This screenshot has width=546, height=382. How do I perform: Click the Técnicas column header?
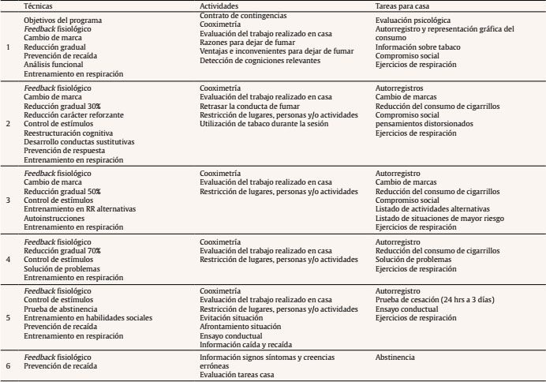pos(36,6)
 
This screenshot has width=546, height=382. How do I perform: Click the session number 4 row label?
pos(8,259)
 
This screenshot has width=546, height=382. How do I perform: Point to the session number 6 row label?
pos(8,366)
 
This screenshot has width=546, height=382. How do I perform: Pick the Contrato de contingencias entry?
pos(243,16)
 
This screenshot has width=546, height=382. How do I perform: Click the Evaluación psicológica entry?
pos(413,20)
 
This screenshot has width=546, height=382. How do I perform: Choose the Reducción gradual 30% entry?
pos(62,107)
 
